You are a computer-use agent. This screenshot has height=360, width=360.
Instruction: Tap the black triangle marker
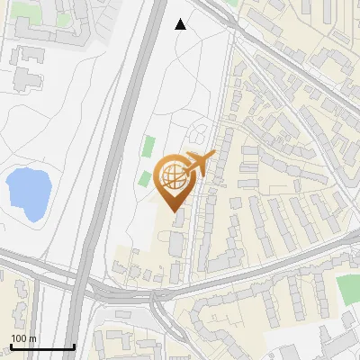181,24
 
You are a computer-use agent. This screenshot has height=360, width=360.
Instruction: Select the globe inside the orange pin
173,175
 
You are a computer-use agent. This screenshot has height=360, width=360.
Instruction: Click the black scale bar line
42,346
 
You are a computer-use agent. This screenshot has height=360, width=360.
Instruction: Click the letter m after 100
32,338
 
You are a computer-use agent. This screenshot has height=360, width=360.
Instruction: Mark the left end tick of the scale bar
11,346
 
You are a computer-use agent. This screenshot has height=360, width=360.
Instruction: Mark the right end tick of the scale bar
74,346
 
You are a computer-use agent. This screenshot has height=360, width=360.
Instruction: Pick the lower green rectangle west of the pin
144,178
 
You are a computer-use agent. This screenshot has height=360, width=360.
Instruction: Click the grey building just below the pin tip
178,219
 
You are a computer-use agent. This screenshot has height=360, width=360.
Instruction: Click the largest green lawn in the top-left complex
63,18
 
